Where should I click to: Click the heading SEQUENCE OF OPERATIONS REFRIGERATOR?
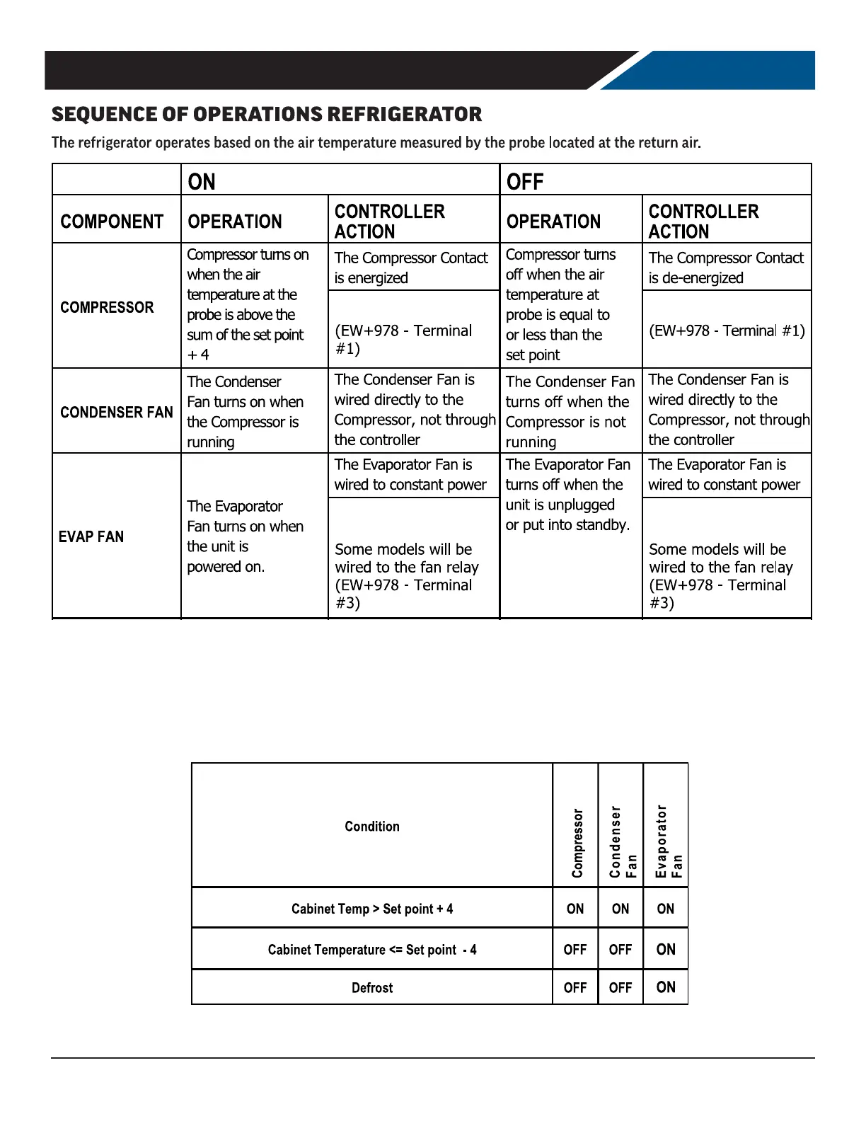pos(267,115)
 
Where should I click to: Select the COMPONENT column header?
pos(112,222)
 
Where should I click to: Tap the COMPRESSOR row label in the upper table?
pos(107,307)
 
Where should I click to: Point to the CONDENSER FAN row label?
pos(117,412)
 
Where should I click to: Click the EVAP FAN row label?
pos(91,536)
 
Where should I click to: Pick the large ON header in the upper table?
pos(202,182)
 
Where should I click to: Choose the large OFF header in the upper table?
pos(524,182)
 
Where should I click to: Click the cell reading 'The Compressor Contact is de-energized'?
pos(726,268)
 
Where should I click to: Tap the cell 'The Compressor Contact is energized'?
pos(411,268)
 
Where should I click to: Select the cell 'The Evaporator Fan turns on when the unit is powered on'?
pos(245,536)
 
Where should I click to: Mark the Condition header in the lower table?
pos(372,826)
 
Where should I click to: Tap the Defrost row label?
pos(372,987)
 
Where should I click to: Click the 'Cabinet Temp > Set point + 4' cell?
pos(372,909)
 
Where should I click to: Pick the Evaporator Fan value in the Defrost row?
pos(666,987)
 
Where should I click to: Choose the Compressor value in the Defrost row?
pos(575,987)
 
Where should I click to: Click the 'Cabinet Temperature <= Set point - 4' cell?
pos(372,950)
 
